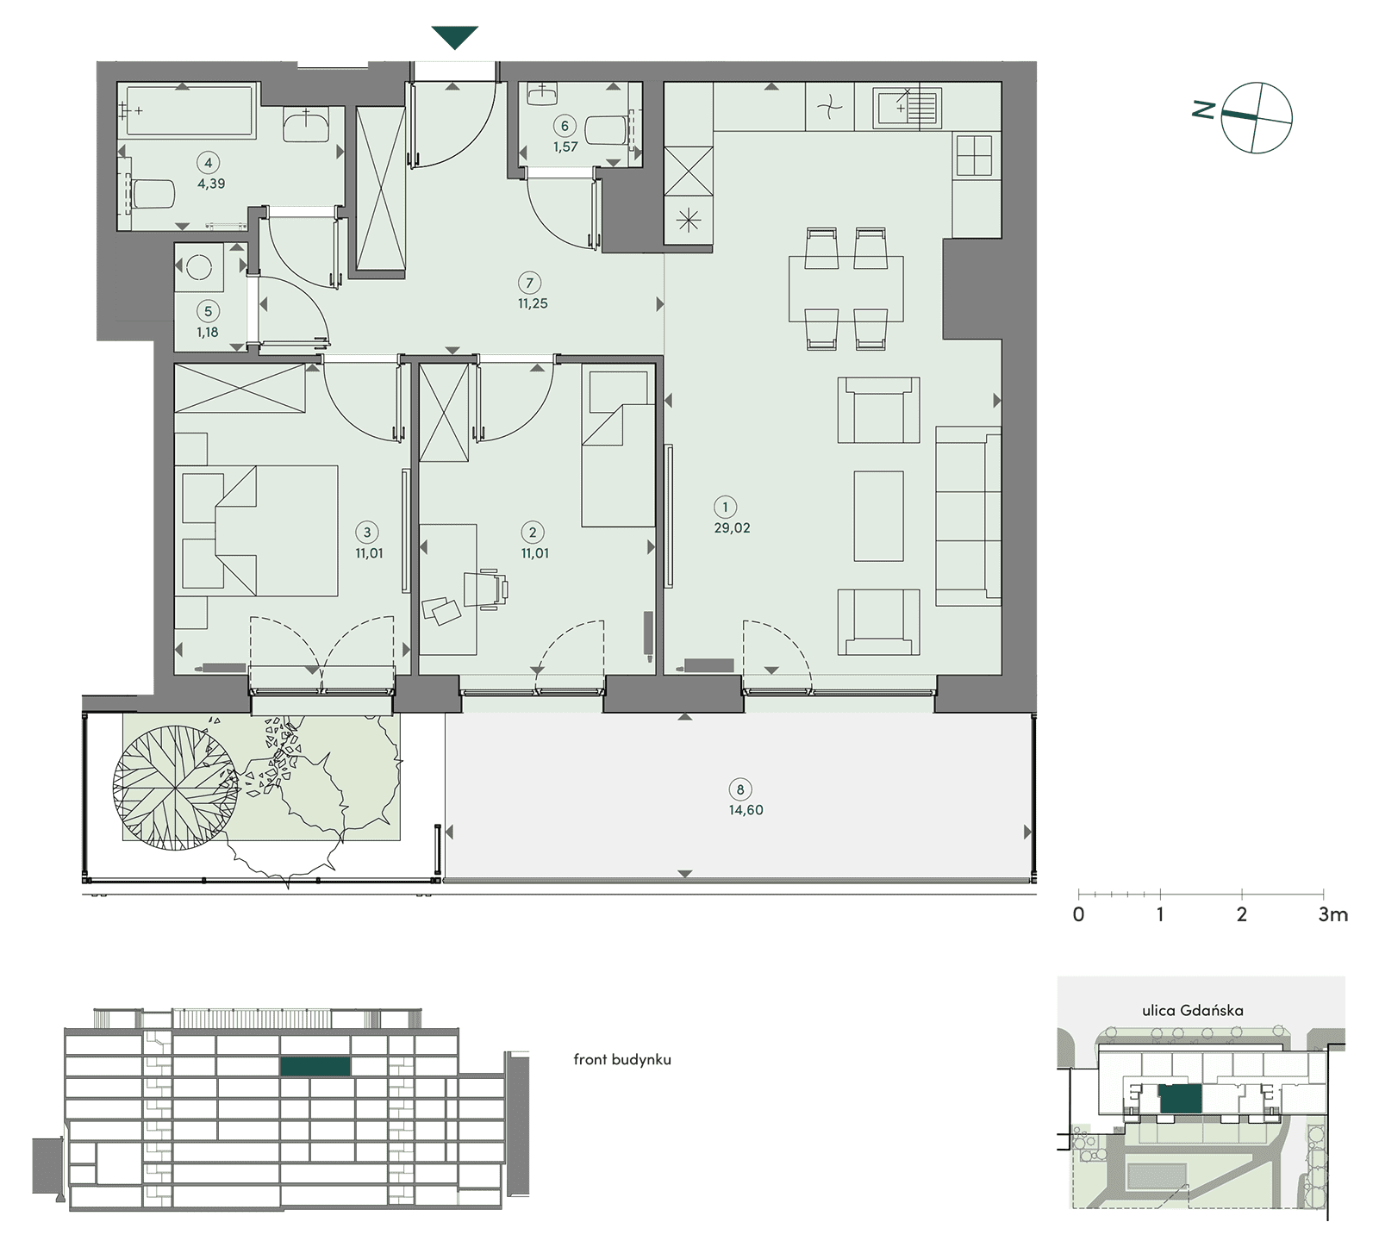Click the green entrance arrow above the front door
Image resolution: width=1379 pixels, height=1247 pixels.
point(454,37)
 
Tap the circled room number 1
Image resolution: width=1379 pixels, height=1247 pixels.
point(725,507)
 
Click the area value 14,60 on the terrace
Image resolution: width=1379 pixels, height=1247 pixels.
point(746,810)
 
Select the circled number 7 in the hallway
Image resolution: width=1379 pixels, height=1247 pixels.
point(529,283)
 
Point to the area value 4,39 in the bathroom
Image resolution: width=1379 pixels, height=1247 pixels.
point(211,184)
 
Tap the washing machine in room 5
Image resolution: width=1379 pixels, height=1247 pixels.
point(200,268)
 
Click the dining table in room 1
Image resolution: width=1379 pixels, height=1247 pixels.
point(845,289)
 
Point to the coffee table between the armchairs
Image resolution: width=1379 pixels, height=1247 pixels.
point(878,516)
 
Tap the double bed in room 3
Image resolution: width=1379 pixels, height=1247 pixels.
point(259,530)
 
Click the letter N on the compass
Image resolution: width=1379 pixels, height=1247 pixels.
point(1204,109)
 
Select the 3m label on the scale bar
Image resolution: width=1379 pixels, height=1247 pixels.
point(1332,914)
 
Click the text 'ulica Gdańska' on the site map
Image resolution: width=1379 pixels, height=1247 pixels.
point(1193,1010)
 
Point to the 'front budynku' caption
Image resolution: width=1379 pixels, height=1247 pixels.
point(622,1059)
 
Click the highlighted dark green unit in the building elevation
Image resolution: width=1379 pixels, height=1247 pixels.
point(315,1066)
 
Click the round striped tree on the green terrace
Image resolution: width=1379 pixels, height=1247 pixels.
point(176,788)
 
